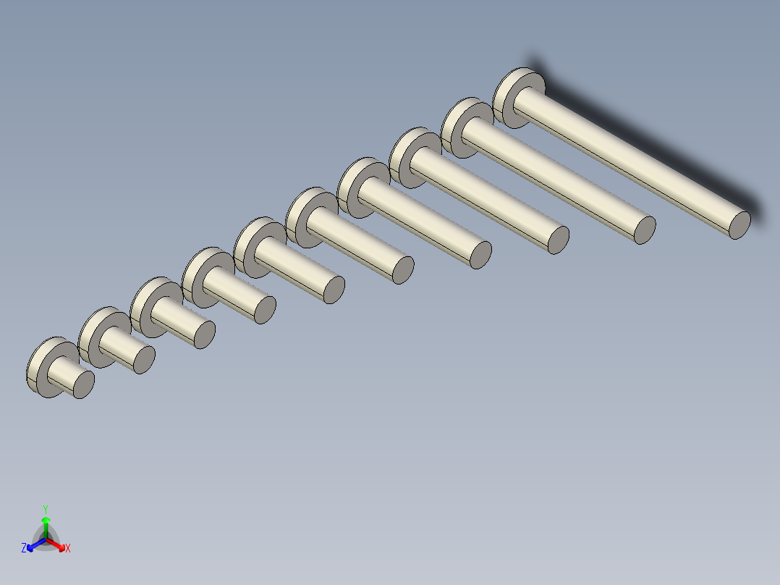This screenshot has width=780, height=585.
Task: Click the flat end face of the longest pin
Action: [739, 225]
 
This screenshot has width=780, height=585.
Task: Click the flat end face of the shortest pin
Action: [84, 384]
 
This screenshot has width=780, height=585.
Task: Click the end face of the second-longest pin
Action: [644, 230]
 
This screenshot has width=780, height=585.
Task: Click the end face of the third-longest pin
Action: [558, 240]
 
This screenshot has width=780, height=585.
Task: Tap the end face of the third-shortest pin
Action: [205, 334]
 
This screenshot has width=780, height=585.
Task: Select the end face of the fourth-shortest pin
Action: [266, 309]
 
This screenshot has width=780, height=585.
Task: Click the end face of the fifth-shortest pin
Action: [333, 290]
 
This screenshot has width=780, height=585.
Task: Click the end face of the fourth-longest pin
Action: [480, 255]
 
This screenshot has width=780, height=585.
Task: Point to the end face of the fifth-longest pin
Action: [402, 269]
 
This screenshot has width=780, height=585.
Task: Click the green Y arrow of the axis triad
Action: [46, 520]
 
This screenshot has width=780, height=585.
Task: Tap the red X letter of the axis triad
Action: [68, 549]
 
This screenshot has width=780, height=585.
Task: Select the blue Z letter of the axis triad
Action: [24, 549]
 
